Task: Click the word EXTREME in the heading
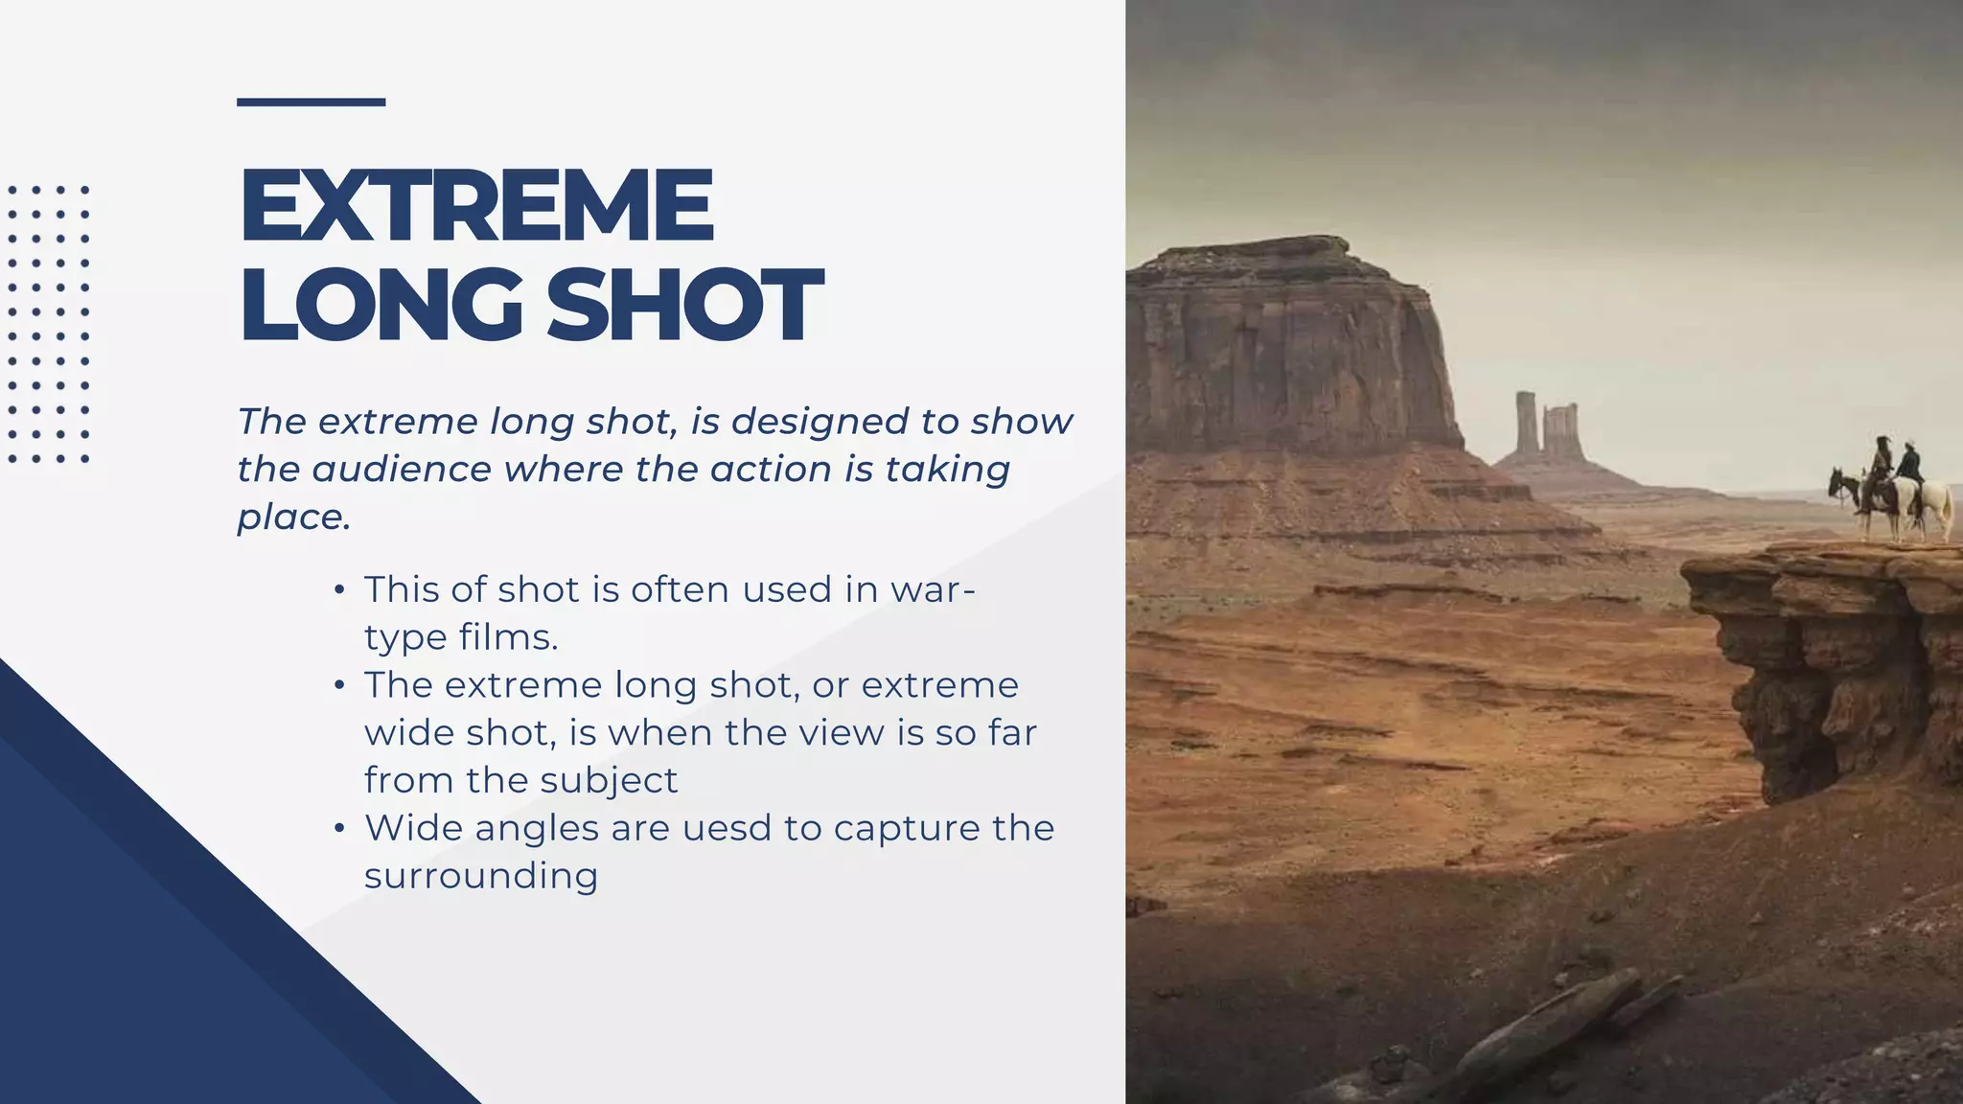point(476,205)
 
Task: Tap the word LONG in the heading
point(381,305)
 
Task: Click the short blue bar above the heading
point(311,102)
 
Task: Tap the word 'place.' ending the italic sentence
point(294,517)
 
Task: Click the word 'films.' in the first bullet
point(509,637)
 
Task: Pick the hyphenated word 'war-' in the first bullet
point(933,589)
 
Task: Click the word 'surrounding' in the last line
point(481,876)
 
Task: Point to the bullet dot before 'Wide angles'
point(339,828)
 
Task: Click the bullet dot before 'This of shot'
point(339,589)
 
